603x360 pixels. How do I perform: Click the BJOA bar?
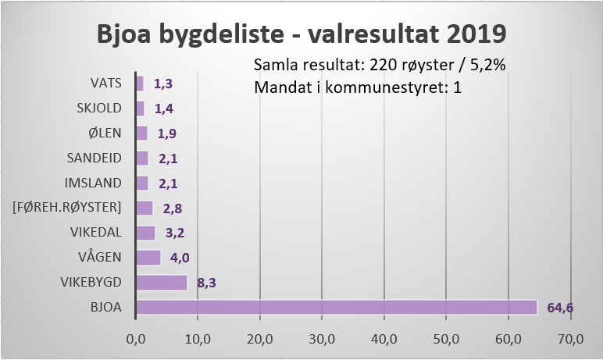(x=336, y=307)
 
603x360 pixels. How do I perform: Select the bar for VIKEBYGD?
(x=162, y=282)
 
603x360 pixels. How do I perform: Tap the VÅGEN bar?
(x=148, y=257)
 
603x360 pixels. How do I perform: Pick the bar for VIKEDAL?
(x=145, y=233)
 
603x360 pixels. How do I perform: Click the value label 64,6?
(x=560, y=308)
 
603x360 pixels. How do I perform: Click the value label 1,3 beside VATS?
(x=162, y=84)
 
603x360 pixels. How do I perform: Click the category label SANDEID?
(x=95, y=158)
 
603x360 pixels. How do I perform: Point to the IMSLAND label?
(x=95, y=183)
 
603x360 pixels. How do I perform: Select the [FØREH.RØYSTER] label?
(x=66, y=208)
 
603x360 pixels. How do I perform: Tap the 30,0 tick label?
(x=322, y=339)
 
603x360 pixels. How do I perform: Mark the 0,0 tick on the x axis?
(x=136, y=339)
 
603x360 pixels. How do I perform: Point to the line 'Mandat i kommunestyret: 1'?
(x=358, y=87)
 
